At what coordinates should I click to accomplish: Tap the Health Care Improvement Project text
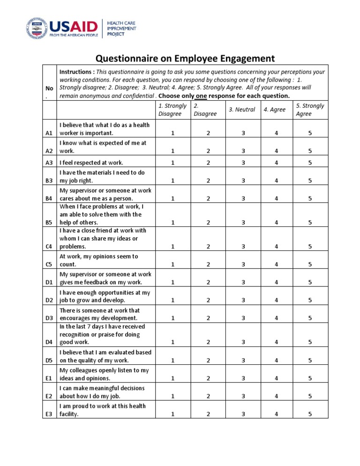click(122, 29)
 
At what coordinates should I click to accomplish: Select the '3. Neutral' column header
click(242, 109)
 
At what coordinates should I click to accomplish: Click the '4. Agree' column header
click(274, 109)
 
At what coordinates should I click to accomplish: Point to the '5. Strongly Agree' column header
click(310, 109)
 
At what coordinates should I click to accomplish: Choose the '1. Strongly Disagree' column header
click(172, 109)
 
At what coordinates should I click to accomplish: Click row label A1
click(49, 133)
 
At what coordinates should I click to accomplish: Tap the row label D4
click(49, 342)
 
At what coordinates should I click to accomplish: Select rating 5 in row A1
click(310, 133)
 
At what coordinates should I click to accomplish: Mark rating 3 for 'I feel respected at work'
click(242, 163)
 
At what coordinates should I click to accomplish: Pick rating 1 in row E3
click(172, 414)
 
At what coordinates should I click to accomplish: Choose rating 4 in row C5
click(276, 264)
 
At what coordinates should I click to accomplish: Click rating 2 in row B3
click(208, 180)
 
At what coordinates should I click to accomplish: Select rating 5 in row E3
click(310, 414)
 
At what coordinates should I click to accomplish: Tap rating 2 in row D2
click(208, 300)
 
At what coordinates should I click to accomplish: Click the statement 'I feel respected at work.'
click(91, 163)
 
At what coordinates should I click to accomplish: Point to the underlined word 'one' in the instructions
click(201, 96)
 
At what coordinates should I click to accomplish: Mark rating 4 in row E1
click(276, 378)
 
